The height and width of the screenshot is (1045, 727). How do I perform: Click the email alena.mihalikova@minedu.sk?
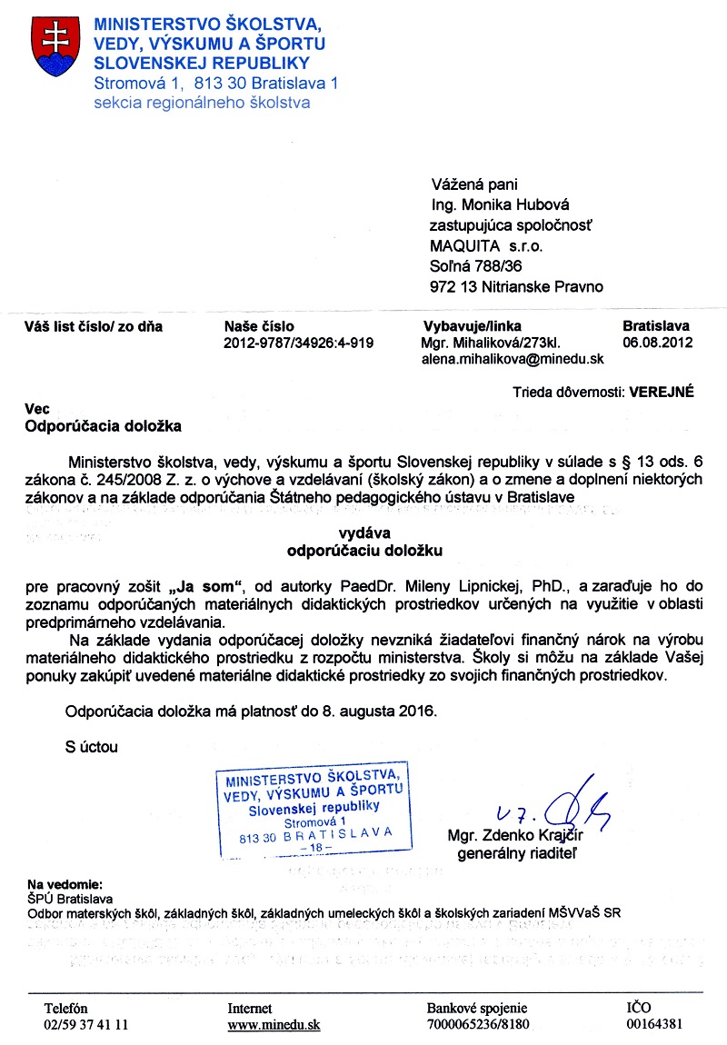512,359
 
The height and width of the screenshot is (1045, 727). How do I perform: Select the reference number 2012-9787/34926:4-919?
298,343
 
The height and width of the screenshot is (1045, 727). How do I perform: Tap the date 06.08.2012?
658,343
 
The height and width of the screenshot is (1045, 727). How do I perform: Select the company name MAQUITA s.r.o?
487,245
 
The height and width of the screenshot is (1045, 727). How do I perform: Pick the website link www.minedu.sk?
274,1024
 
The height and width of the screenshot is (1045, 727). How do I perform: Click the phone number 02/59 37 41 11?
86,1024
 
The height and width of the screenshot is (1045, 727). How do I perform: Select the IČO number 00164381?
654,1024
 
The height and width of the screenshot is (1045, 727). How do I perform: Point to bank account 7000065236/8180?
477,1024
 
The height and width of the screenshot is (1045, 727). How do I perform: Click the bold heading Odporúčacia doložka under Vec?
103,425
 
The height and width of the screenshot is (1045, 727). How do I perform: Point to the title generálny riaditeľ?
517,854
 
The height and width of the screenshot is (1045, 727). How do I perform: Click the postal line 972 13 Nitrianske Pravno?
516,287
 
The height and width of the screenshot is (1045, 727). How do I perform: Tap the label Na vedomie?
64,882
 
